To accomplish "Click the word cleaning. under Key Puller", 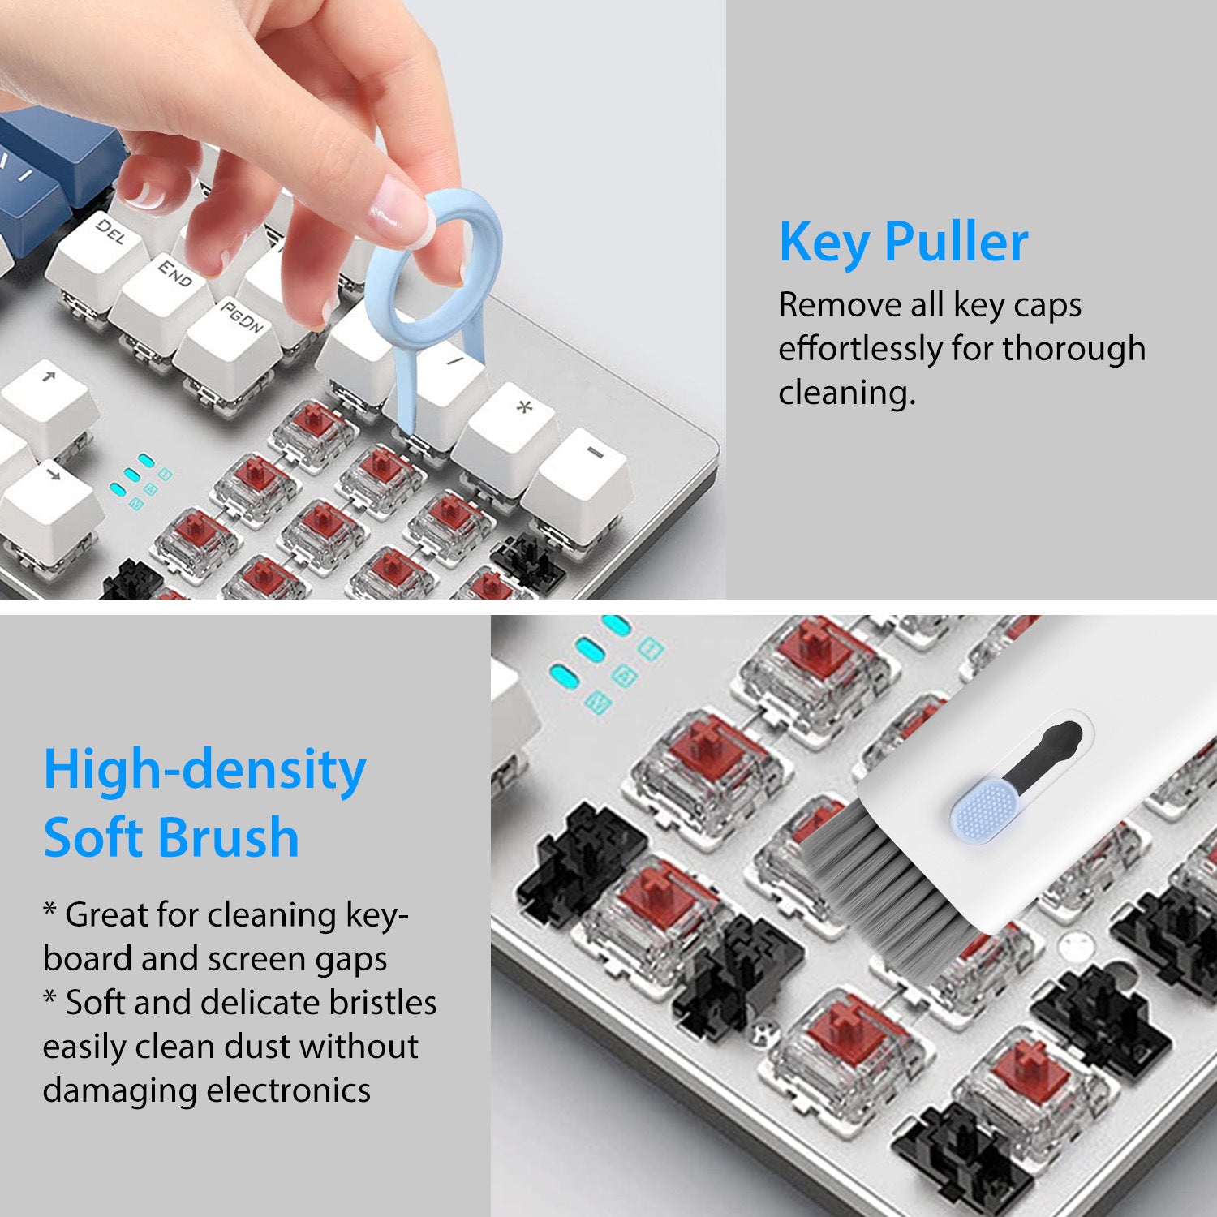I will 846,393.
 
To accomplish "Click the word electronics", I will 288,1090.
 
